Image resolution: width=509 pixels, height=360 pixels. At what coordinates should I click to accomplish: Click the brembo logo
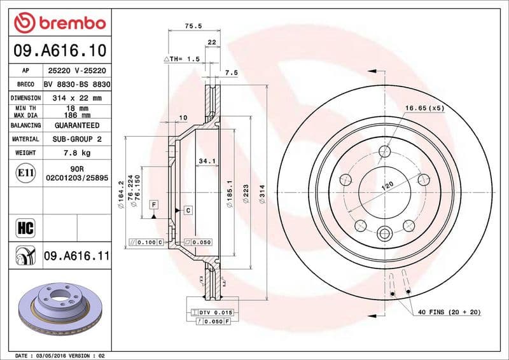pyautogui.click(x=59, y=24)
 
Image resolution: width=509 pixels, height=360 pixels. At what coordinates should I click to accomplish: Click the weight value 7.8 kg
pyautogui.click(x=76, y=153)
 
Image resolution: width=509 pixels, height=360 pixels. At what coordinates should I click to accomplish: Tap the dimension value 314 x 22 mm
pyautogui.click(x=76, y=98)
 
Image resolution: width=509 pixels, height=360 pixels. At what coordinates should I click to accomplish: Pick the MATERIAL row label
pyautogui.click(x=25, y=139)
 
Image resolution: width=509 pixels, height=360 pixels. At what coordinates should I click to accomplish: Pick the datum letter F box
pyautogui.click(x=153, y=204)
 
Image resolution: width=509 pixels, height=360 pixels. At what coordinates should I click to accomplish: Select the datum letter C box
pyautogui.click(x=188, y=210)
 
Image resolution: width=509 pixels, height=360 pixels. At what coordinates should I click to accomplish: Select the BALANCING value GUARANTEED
pyautogui.click(x=76, y=125)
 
